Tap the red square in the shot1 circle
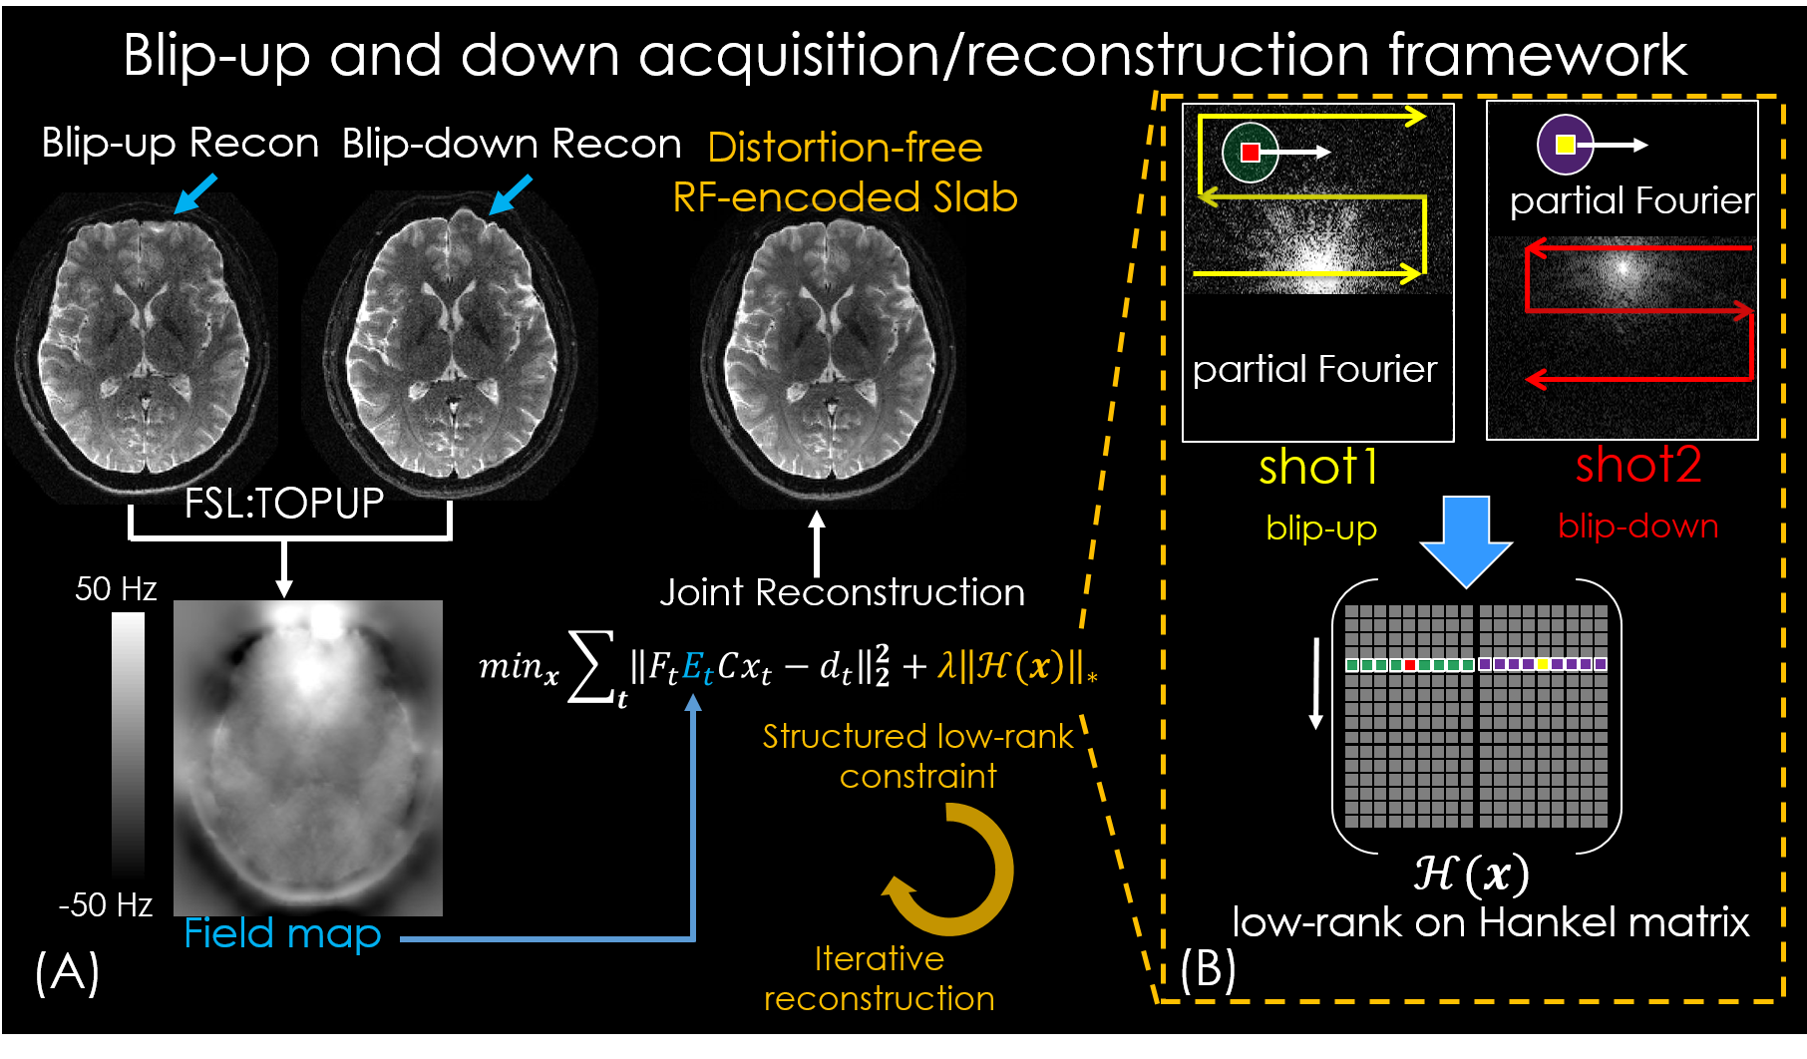pos(1251,152)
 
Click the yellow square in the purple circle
pos(1565,145)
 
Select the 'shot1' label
pos(1318,467)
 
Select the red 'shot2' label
pos(1638,465)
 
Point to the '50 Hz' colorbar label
pos(116,588)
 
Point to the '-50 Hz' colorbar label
pos(106,904)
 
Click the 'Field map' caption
pos(282,933)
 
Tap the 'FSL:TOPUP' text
pos(284,504)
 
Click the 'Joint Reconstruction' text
pos(842,592)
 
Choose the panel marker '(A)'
pos(67,971)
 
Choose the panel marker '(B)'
pos(1208,969)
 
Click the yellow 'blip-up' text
pos(1321,528)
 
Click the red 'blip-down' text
pos(1637,526)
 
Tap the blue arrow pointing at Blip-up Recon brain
pos(195,192)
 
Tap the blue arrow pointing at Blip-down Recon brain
pos(511,194)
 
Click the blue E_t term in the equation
pos(697,667)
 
